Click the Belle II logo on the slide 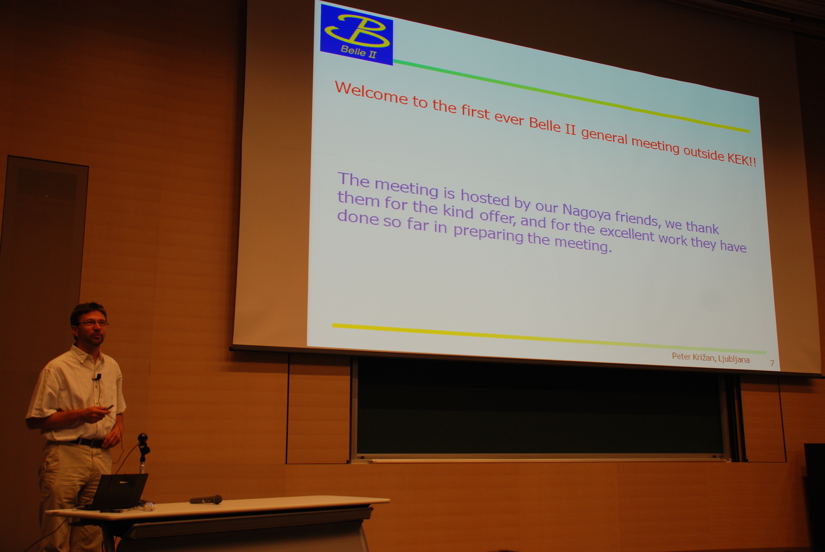coord(356,35)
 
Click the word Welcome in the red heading coord(371,93)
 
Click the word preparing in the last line coord(488,234)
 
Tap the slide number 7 coord(772,363)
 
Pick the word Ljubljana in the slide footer coord(734,359)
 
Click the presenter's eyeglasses coord(93,323)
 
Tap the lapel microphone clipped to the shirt coord(98,377)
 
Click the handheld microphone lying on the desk coord(206,499)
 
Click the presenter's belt coord(88,442)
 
